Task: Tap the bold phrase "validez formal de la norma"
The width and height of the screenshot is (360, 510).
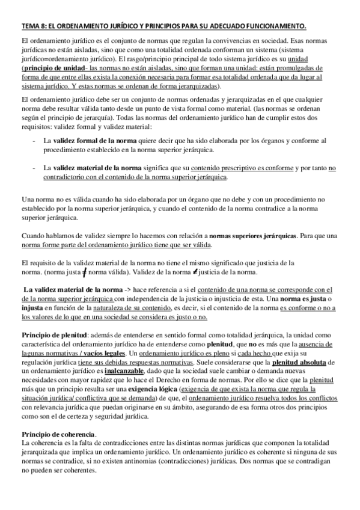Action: click(97, 141)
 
